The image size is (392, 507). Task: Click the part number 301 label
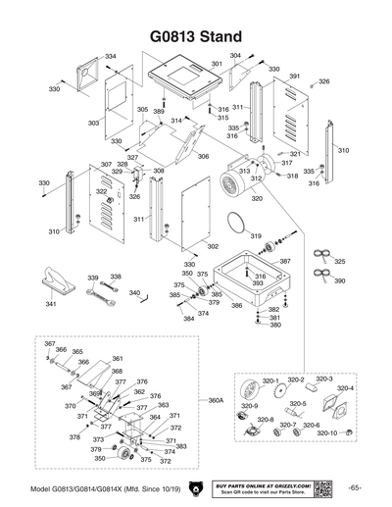point(218,64)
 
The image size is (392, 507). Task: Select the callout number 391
point(295,76)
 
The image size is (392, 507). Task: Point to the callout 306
point(203,156)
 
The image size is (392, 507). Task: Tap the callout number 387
point(285,262)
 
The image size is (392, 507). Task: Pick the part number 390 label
point(339,281)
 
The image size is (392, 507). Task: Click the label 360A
point(217,400)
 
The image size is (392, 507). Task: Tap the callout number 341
point(51,304)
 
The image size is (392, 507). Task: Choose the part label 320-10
point(326,432)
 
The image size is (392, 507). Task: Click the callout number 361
point(117,359)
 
